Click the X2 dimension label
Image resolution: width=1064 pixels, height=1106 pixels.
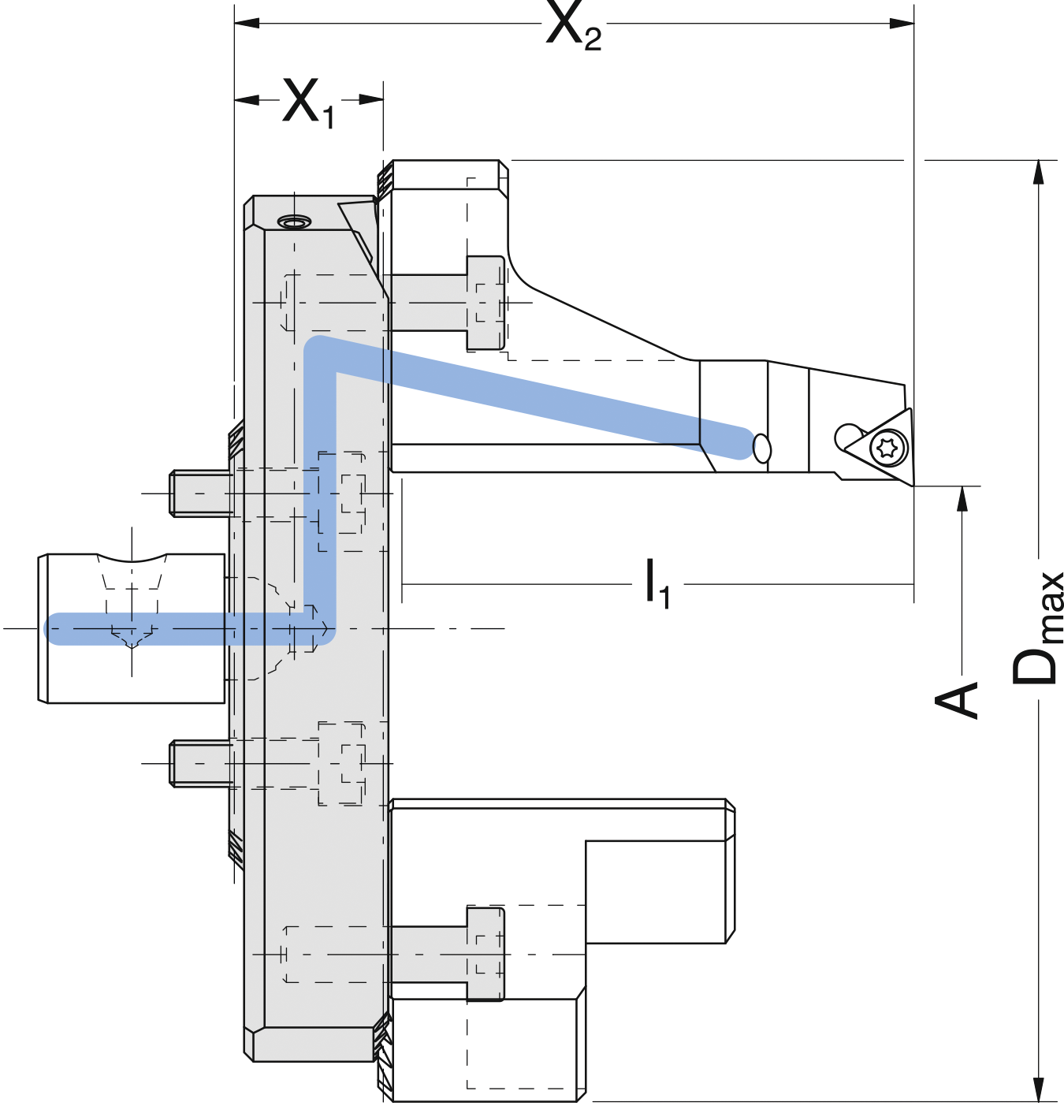click(x=573, y=26)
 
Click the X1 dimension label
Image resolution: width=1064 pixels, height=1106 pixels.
click(x=308, y=102)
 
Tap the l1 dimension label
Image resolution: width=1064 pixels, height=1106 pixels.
click(x=658, y=584)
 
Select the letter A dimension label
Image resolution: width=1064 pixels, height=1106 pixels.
click(x=955, y=700)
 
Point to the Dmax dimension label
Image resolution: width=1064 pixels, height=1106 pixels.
click(x=1036, y=629)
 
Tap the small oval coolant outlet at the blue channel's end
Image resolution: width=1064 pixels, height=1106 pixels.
click(x=761, y=448)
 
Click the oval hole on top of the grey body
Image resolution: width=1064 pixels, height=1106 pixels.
click(x=294, y=222)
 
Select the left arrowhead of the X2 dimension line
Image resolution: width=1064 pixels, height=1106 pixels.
click(x=247, y=24)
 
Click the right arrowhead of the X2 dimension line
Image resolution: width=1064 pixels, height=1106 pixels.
click(x=902, y=24)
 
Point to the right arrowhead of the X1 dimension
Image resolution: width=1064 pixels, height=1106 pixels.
click(x=370, y=99)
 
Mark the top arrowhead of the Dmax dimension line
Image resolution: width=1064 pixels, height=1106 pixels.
click(x=1039, y=172)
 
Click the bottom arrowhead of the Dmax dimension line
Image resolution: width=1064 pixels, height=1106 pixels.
click(x=1039, y=1089)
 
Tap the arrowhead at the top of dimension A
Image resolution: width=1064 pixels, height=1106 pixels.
click(x=962, y=498)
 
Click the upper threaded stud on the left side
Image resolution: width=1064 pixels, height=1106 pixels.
click(x=201, y=493)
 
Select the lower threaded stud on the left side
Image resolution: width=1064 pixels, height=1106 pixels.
click(x=201, y=763)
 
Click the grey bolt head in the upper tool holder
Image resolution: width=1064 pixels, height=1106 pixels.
click(x=485, y=303)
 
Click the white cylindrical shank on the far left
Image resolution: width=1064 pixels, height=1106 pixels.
click(x=132, y=628)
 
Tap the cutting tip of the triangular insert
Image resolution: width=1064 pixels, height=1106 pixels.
click(x=913, y=486)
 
